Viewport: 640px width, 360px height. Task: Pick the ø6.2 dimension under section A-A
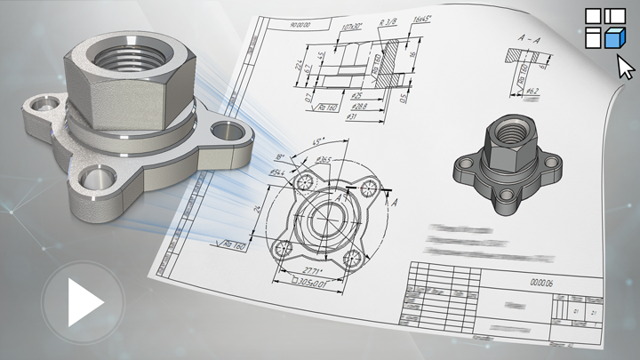click(530, 91)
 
